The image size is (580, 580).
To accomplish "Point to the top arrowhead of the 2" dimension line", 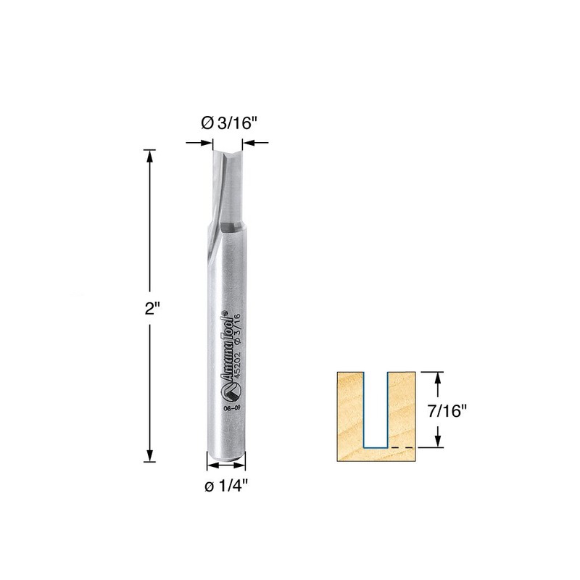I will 150,154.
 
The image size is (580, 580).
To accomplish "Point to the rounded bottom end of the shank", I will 226,459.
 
